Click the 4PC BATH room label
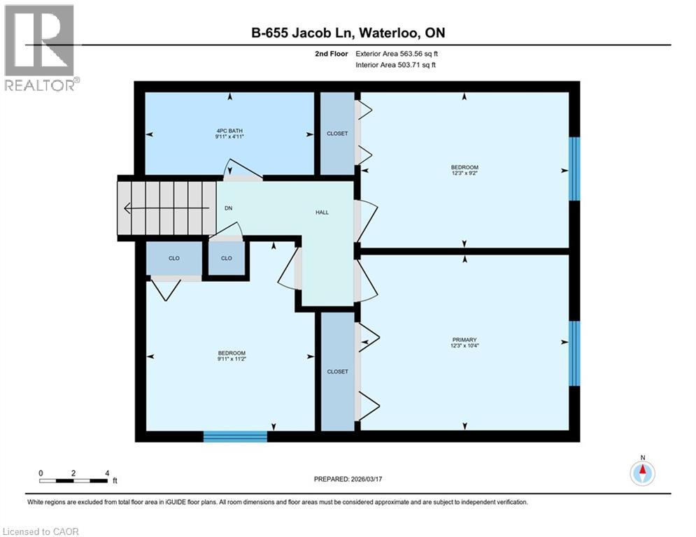229,131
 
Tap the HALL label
322,212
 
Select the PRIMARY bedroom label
464,340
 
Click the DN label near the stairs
229,208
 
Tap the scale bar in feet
73,480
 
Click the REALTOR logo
41,48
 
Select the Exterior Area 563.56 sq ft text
397,53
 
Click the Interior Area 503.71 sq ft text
397,65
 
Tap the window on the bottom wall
235,436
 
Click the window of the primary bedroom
574,353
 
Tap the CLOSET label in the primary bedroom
337,371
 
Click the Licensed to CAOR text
41,531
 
